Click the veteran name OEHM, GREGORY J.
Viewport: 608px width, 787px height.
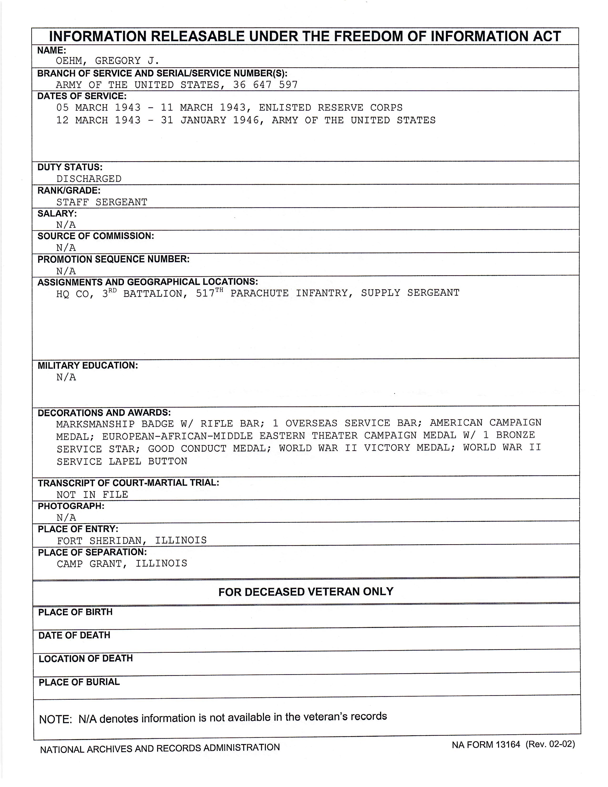click(107, 61)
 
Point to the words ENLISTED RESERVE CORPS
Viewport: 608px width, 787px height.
click(330, 108)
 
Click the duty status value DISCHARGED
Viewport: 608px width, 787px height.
click(89, 179)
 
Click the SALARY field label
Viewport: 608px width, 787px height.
click(57, 213)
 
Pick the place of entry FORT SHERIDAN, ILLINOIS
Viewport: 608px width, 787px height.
click(132, 540)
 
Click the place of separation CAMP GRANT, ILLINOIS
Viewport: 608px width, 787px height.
click(122, 563)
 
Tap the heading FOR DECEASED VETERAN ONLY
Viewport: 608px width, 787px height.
click(306, 592)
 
